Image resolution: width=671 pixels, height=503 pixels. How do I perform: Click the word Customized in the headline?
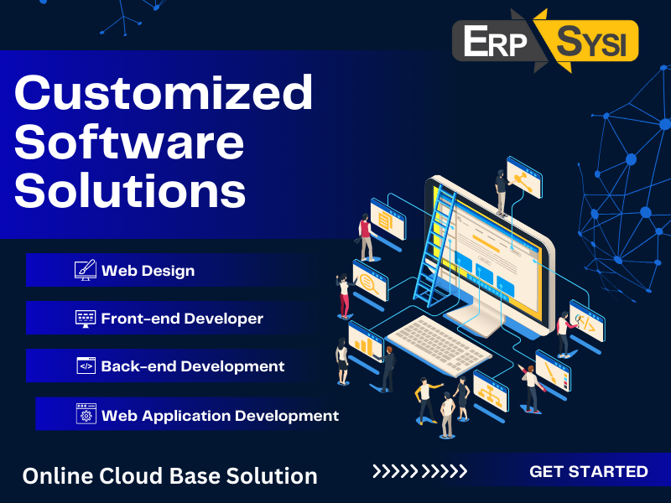[x=164, y=92]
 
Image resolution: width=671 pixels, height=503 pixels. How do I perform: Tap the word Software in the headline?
[x=129, y=142]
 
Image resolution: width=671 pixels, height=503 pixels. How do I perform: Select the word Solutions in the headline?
[x=130, y=190]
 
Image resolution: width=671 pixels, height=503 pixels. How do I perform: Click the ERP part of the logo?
[x=495, y=41]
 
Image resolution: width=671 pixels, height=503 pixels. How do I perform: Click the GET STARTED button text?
[x=589, y=471]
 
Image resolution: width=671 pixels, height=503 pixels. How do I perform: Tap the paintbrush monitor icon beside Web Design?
[x=86, y=270]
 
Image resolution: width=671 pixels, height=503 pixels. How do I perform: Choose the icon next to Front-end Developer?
[x=86, y=319]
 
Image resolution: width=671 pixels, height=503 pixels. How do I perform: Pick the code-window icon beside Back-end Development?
[x=86, y=366]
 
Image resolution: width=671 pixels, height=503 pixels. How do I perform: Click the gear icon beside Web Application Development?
[x=86, y=413]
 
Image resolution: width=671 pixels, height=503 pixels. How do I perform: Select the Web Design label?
[x=148, y=271]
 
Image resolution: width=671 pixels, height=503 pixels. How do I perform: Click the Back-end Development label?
[x=193, y=366]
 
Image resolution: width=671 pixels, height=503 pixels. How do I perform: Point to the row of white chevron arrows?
[x=419, y=471]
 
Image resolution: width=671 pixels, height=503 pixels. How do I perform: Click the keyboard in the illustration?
[x=439, y=346]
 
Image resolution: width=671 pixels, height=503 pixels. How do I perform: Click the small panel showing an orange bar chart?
[x=366, y=342]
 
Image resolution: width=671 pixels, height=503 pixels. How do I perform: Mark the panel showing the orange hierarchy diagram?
[x=491, y=392]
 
